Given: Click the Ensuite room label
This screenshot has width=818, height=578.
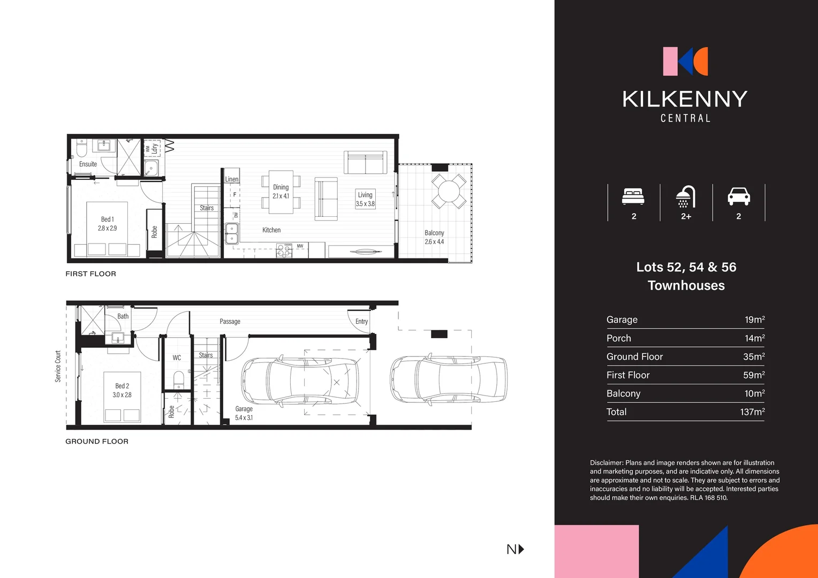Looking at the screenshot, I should (88, 164).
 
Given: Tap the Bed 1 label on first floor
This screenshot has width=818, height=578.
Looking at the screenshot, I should (107, 224).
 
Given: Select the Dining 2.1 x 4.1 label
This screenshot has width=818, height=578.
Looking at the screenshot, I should (281, 192).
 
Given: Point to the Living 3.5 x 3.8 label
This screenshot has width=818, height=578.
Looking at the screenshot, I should (365, 199).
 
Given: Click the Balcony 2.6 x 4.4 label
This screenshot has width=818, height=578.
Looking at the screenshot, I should (434, 237).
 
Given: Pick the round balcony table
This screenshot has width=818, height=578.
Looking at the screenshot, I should (449, 191).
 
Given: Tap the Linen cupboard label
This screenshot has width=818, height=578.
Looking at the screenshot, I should (232, 179).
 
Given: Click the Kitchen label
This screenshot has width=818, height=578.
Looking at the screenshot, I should (271, 230).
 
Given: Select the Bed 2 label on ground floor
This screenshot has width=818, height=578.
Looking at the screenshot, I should (122, 390).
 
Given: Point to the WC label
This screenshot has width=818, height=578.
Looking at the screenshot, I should (177, 358).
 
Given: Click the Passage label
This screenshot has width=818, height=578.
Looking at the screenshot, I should (230, 322).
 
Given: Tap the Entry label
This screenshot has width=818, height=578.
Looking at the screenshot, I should (361, 322).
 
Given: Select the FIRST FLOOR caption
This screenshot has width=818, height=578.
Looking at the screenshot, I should (90, 273).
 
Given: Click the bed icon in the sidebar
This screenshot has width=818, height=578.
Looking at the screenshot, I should (633, 196).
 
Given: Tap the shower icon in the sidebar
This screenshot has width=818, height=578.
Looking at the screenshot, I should (685, 196).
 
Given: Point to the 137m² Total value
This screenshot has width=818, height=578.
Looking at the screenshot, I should (752, 412).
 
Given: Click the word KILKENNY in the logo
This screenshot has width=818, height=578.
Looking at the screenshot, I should (685, 99).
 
